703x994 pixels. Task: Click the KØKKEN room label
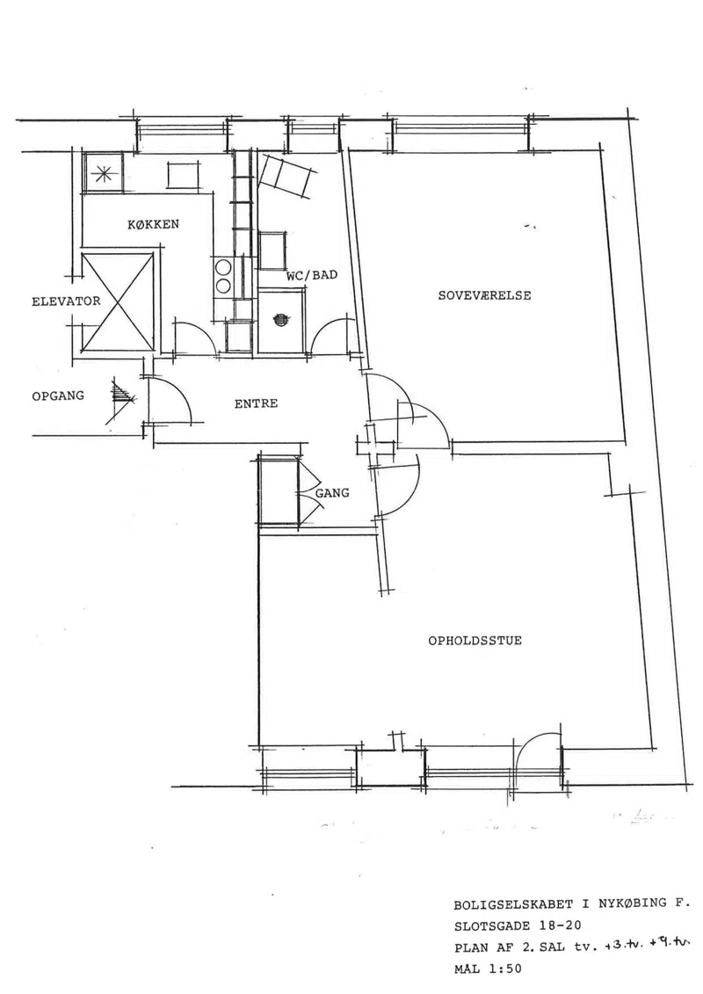(153, 224)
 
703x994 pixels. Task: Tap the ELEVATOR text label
(66, 301)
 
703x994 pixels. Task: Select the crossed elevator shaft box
(118, 301)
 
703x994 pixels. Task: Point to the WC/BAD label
(312, 276)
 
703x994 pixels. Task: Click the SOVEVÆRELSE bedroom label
(484, 295)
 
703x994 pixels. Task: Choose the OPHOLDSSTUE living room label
(475, 641)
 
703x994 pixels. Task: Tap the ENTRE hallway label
(256, 403)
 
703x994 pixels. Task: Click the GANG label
(332, 492)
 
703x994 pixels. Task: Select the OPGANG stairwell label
(58, 395)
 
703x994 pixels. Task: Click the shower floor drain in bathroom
(281, 320)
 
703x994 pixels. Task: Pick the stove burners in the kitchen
(223, 277)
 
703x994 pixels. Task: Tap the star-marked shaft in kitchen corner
(103, 171)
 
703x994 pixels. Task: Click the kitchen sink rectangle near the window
(185, 175)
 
